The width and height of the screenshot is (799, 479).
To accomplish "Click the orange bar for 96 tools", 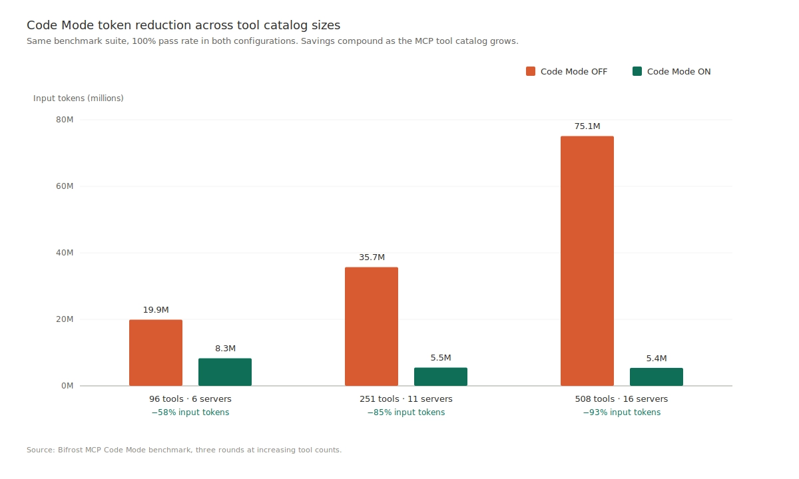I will point(156,353).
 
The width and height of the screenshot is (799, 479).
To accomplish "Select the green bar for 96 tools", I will point(225,372).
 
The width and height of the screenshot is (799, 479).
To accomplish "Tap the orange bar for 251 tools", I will point(372,326).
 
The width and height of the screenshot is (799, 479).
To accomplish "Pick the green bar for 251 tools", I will point(441,377).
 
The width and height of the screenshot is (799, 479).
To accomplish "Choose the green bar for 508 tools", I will point(657,377).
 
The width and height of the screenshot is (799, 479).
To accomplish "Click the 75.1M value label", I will point(587,126).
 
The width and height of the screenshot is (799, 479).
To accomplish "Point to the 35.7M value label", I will point(372,257).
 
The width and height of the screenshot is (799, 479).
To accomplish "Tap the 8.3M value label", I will point(225,349).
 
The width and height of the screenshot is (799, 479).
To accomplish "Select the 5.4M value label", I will point(657,359).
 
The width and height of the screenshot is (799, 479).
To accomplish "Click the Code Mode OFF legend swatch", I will point(531,71).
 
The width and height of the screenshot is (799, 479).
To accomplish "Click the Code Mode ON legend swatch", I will point(637,71).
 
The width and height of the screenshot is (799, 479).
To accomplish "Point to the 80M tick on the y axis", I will point(65,120).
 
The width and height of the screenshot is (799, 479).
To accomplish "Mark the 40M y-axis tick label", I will point(65,253).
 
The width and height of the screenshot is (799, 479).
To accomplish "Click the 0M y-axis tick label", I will point(67,386).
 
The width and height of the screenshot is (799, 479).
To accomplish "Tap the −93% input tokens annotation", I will point(622,412).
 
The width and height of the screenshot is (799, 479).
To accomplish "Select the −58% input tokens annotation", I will point(190,412).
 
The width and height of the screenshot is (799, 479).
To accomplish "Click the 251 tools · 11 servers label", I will point(406,399).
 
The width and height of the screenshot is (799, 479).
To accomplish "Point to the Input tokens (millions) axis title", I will point(79,98).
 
